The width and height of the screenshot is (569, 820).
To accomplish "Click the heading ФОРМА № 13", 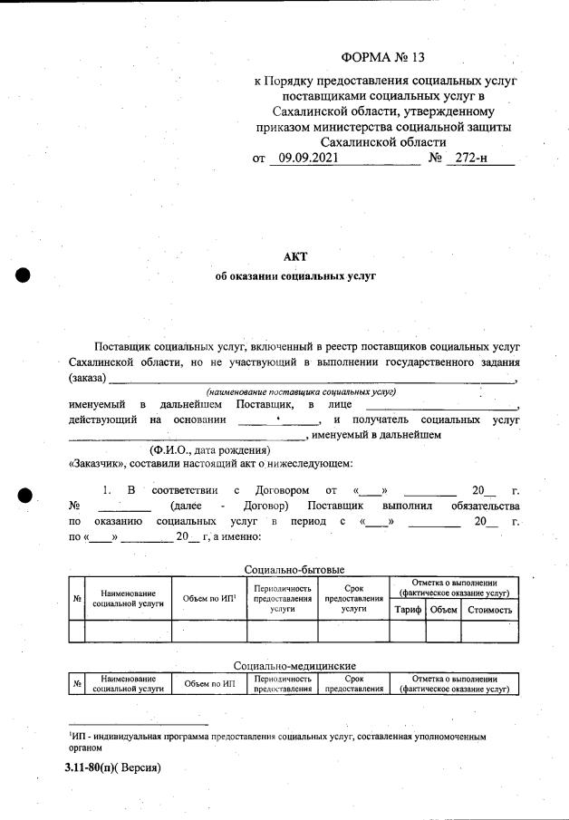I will coord(382,58).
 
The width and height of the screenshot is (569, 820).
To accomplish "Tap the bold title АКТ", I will coord(296,256).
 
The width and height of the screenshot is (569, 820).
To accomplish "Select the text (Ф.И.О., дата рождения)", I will coord(210,450).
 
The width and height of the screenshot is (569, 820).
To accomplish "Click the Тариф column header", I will coord(407,610).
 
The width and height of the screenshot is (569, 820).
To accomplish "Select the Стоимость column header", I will coord(490,610).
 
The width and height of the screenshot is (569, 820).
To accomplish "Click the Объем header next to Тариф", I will coord(444,610).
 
